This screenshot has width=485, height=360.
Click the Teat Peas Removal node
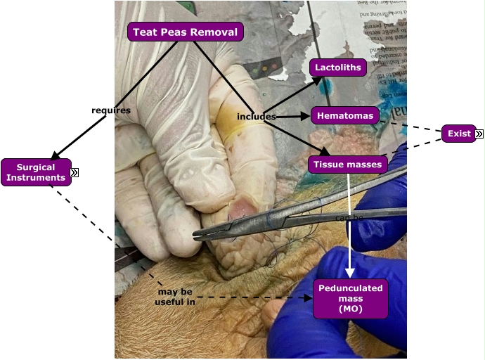click(x=186, y=32)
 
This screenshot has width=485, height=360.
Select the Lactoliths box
click(x=338, y=68)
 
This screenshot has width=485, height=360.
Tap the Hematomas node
click(x=345, y=115)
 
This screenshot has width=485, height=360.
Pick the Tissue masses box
click(x=348, y=165)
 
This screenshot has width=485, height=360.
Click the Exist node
click(x=459, y=134)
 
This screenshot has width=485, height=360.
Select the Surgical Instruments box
click(x=36, y=173)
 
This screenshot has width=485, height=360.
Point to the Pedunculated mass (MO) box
click(x=351, y=299)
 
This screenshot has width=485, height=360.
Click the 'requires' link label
click(x=111, y=110)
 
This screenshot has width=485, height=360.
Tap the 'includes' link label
click(x=255, y=116)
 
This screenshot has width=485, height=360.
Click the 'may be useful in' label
click(x=175, y=297)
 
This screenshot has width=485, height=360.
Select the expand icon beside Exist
click(x=479, y=134)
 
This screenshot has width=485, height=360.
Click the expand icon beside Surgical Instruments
click(x=75, y=172)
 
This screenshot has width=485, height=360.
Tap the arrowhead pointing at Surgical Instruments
click(x=56, y=155)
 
